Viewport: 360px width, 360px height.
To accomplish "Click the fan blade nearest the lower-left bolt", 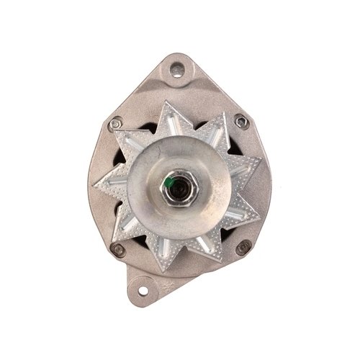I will [x=130, y=242].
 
